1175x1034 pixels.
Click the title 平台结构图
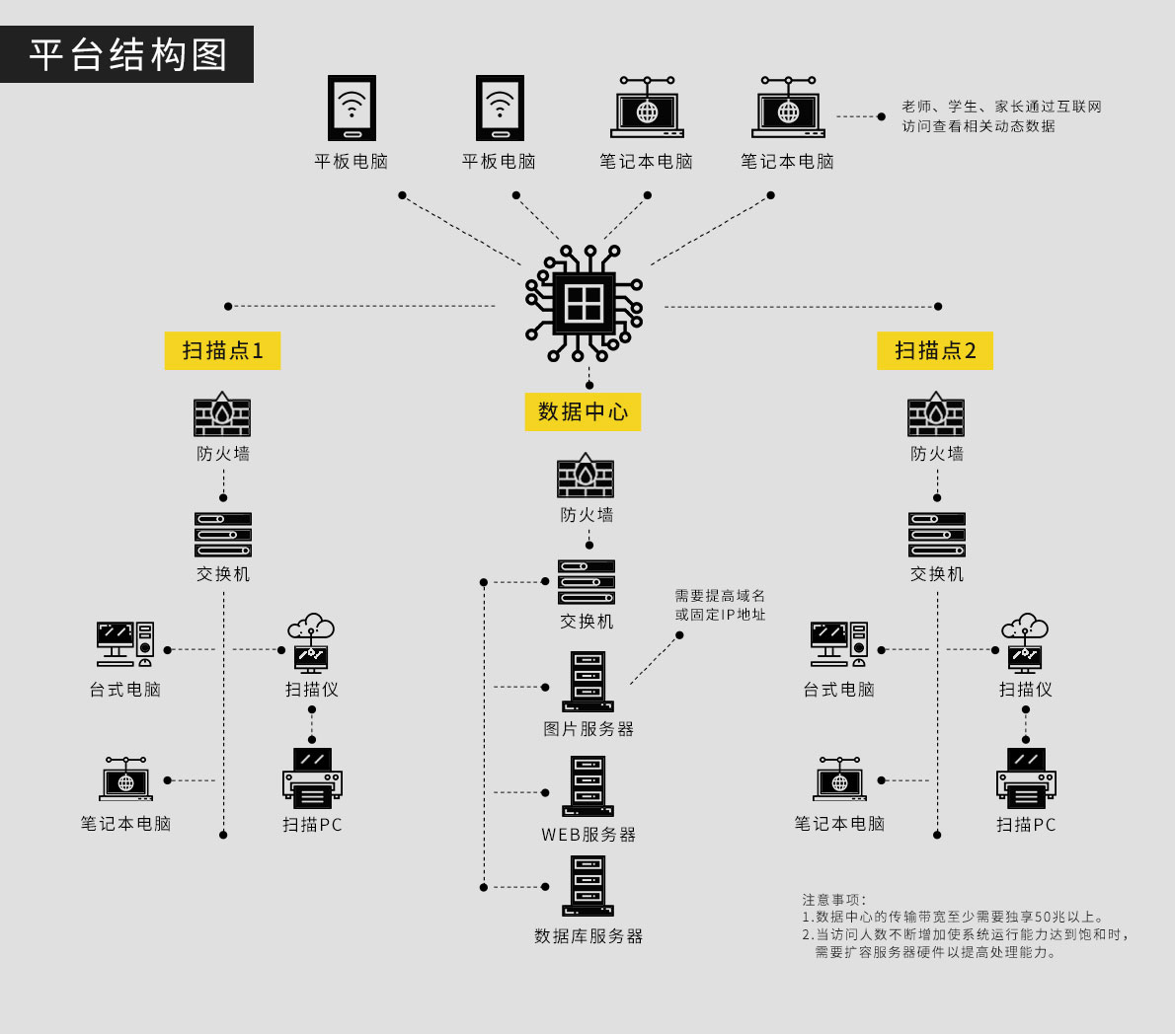[127, 54]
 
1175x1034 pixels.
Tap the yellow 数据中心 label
[583, 411]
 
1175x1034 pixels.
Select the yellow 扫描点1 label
[222, 350]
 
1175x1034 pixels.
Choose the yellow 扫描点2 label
[935, 350]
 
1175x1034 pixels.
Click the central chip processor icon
[585, 304]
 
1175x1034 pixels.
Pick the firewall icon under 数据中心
[586, 477]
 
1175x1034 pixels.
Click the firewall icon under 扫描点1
[222, 415]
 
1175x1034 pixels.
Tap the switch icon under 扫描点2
[937, 535]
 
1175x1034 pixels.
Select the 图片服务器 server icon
[587, 681]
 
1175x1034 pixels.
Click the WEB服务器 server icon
[587, 786]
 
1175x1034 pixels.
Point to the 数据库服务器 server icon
[587, 886]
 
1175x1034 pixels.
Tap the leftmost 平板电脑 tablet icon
[352, 108]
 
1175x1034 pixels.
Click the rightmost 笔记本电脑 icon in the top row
[788, 108]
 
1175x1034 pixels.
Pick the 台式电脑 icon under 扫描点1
[125, 645]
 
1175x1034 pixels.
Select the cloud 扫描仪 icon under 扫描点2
[1025, 643]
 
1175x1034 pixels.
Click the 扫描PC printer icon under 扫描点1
[312, 777]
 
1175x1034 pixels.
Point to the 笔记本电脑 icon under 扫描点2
[839, 779]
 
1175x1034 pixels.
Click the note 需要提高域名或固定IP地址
[720, 605]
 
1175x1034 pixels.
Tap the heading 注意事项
[833, 900]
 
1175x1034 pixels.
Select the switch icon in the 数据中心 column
[587, 582]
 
